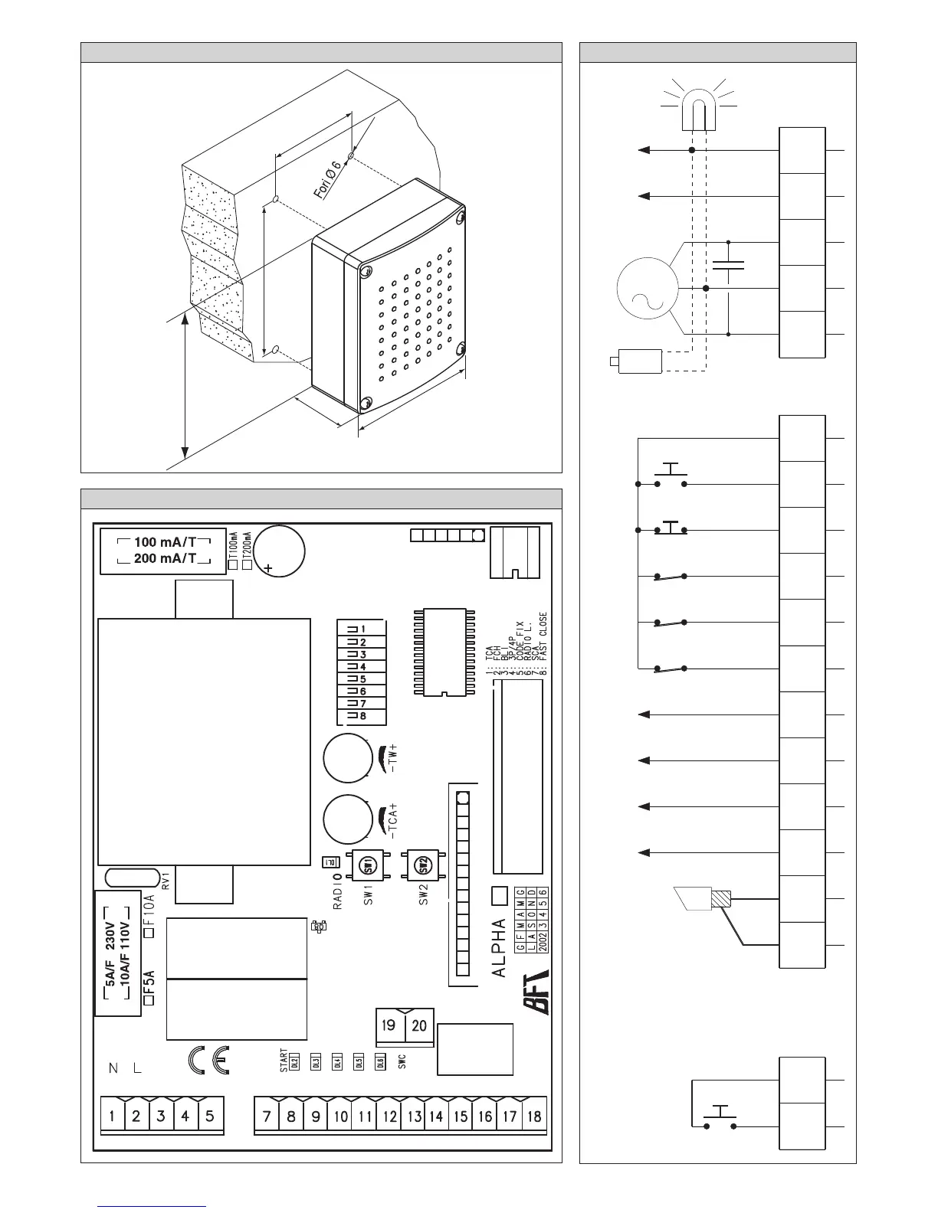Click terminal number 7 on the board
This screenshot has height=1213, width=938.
267,1116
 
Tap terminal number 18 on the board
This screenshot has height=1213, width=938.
534,1116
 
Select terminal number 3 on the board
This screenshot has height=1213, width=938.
161,1116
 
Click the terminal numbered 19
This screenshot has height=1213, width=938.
389,1025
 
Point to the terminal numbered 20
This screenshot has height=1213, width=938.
419,1025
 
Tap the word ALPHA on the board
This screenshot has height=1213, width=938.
499,947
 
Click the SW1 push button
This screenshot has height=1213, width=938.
366,866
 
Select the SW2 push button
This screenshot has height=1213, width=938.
420,866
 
